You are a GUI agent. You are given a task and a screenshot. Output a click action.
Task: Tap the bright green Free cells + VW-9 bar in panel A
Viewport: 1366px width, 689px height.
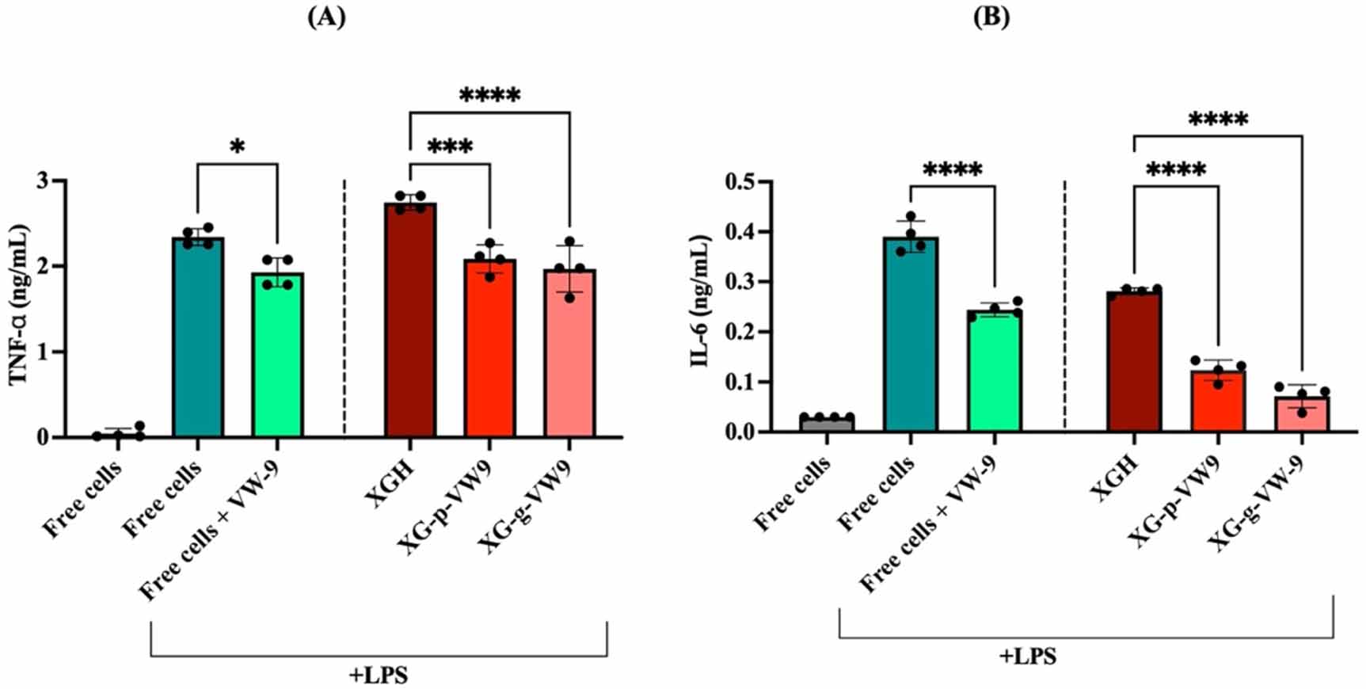click(x=278, y=356)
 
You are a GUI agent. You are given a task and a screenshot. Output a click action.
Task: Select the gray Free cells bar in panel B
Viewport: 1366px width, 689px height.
click(x=827, y=424)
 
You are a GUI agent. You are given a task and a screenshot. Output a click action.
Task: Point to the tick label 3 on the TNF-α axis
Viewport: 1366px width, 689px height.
click(x=42, y=181)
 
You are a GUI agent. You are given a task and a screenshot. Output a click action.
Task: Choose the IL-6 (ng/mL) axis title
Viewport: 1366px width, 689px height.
click(x=700, y=301)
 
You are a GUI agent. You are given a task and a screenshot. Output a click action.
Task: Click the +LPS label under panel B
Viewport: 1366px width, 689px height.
click(x=1028, y=657)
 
